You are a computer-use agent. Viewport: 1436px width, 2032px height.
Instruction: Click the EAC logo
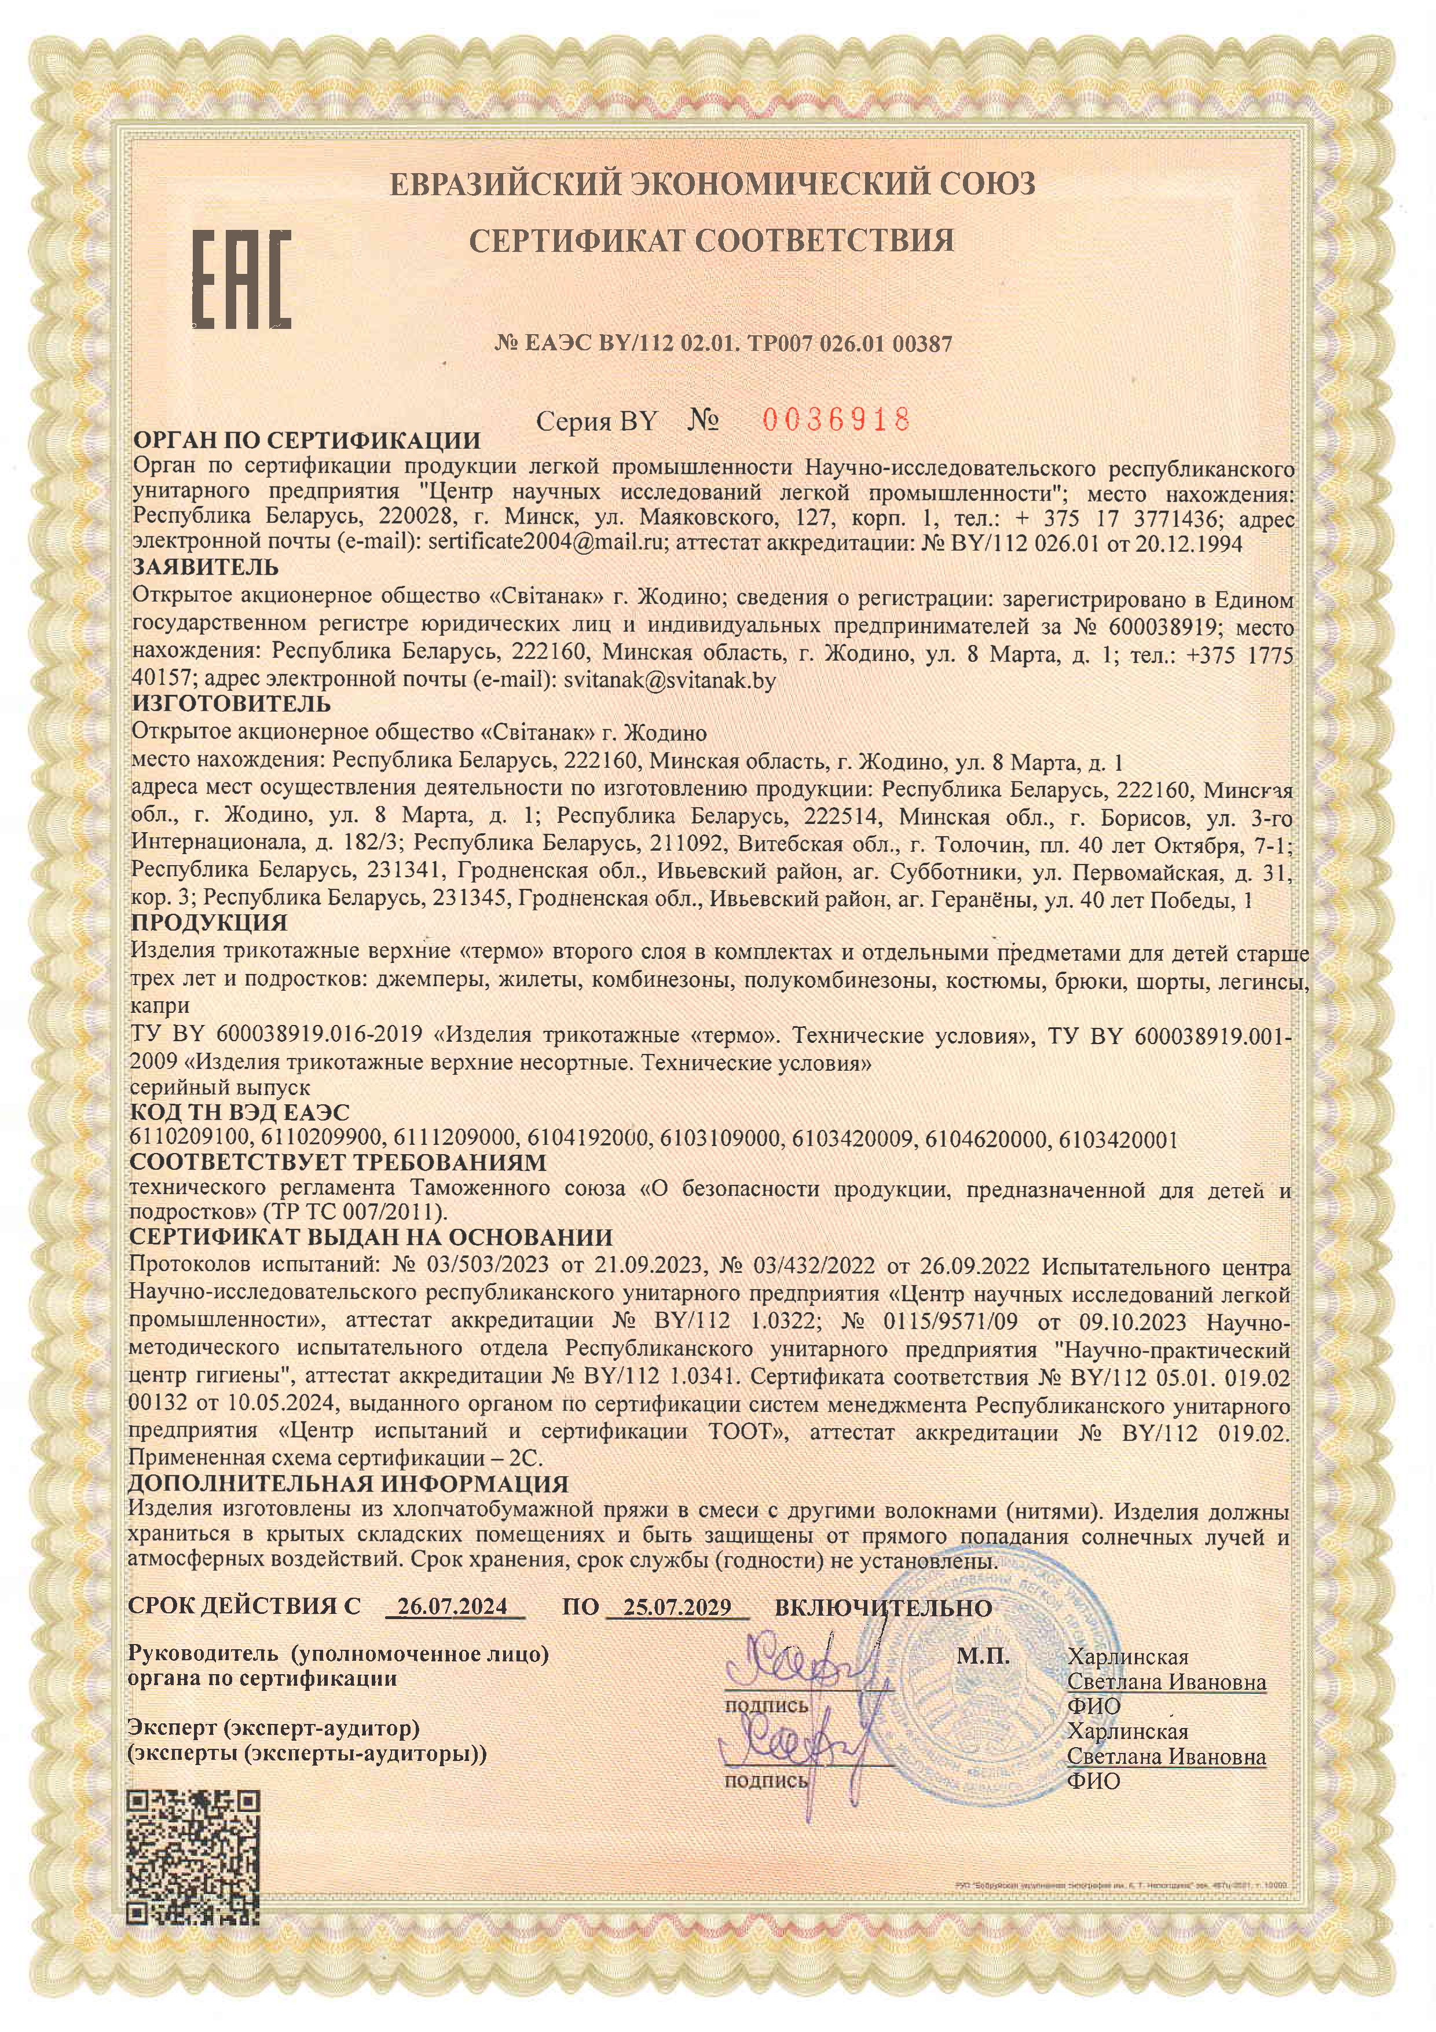tap(241, 279)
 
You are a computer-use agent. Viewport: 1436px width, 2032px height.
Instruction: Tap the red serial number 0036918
tap(836, 419)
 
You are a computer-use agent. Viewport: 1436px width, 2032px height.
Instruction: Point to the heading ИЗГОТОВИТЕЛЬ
tap(231, 704)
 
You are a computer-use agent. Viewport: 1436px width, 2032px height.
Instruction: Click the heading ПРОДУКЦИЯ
tap(209, 923)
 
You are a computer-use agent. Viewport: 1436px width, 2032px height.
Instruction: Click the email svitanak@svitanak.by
tap(670, 680)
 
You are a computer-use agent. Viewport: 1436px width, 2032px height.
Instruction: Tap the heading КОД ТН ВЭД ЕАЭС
tap(240, 1112)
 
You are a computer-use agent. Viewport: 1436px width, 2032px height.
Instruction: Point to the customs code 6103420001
tap(1118, 1139)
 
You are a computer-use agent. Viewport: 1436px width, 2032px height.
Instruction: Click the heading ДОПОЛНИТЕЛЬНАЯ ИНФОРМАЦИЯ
tap(349, 1483)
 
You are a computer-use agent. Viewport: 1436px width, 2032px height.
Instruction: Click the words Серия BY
tap(596, 421)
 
